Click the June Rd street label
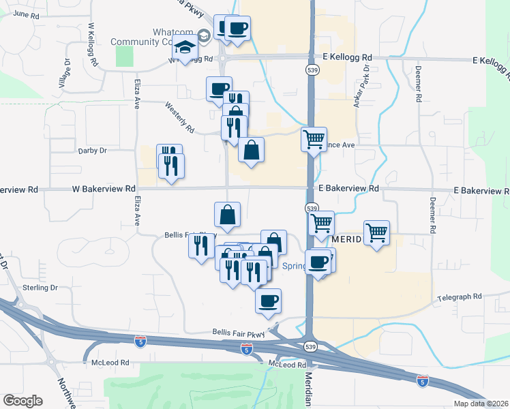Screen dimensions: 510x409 pos(26,14)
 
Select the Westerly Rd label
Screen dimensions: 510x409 pos(180,117)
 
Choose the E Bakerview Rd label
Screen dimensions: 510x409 pos(348,187)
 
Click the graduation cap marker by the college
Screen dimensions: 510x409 pos(183,49)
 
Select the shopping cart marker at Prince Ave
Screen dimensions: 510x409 pos(314,140)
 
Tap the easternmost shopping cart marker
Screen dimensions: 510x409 pos(376,234)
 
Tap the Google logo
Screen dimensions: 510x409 pos(22,401)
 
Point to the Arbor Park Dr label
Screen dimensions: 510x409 pos(366,80)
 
